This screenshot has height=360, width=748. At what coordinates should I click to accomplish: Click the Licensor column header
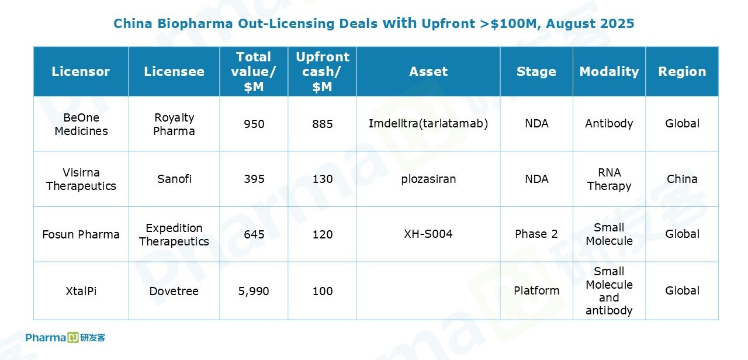point(81,71)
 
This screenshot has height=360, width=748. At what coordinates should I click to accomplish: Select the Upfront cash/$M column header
point(322,71)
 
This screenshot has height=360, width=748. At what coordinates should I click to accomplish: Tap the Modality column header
point(609,71)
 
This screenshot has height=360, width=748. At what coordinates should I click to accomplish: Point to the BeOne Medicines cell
point(81,124)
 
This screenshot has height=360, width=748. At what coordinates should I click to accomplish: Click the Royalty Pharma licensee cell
point(174,124)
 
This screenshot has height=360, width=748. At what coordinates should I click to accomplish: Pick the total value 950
point(254,124)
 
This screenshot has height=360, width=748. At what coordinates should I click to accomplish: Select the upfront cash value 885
point(322,124)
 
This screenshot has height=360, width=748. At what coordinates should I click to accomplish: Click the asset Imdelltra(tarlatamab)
point(428,123)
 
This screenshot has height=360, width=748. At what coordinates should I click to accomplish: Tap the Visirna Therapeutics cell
point(81,179)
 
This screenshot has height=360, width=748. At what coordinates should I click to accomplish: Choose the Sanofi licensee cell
point(174,179)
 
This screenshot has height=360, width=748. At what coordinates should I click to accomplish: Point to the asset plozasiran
point(428,179)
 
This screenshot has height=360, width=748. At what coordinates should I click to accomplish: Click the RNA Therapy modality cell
point(609,179)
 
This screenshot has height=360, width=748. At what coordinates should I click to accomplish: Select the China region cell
point(682,179)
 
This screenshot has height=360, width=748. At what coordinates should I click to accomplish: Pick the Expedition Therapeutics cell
point(174,234)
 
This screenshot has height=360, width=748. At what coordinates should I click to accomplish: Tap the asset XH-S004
point(428,234)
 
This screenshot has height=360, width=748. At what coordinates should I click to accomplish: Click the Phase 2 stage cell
point(536,234)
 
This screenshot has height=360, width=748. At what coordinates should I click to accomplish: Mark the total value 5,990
point(254,291)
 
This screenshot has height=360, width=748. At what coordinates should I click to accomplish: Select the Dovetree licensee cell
point(174,291)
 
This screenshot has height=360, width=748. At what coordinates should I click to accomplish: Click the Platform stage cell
point(536,290)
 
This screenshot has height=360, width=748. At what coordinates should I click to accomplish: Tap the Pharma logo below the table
point(65,338)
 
